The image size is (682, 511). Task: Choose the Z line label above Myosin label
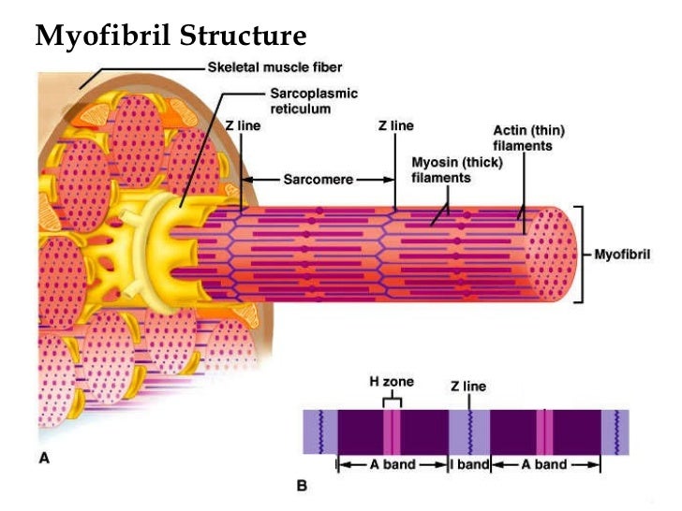point(395,125)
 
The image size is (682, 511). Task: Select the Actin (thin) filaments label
point(528,138)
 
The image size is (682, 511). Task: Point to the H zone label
point(390,382)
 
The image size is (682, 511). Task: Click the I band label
point(469,464)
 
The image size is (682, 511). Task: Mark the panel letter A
point(43,458)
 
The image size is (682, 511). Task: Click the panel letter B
point(302,486)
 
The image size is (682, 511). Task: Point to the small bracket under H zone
point(393,400)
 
